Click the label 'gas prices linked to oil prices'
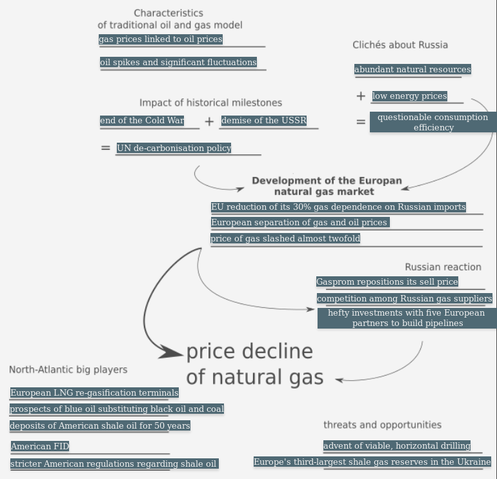pyautogui.click(x=161, y=39)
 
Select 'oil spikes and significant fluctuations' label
pyautogui.click(x=178, y=63)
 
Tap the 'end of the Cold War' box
pyautogui.click(x=142, y=121)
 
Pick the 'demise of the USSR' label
pyautogui.click(x=264, y=121)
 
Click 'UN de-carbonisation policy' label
pyautogui.click(x=174, y=148)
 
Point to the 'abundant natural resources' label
pyautogui.click(x=412, y=70)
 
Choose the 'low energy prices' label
pyautogui.click(x=409, y=96)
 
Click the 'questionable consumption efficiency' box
pyautogui.click(x=433, y=122)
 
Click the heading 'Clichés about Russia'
pyautogui.click(x=400, y=45)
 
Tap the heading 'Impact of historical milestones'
pyautogui.click(x=210, y=103)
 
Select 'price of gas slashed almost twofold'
pyautogui.click(x=285, y=239)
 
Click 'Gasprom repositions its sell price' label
pyautogui.click(x=387, y=282)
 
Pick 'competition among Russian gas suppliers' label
pyautogui.click(x=405, y=299)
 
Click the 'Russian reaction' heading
pyautogui.click(x=443, y=267)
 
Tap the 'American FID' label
pyautogui.click(x=40, y=447)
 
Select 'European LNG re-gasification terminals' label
pyautogui.click(x=94, y=393)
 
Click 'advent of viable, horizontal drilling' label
pyautogui.click(x=397, y=446)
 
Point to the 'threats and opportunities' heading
pyautogui.click(x=382, y=425)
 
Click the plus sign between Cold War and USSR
pyautogui.click(x=209, y=121)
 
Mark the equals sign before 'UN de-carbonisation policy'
pyautogui.click(x=106, y=148)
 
